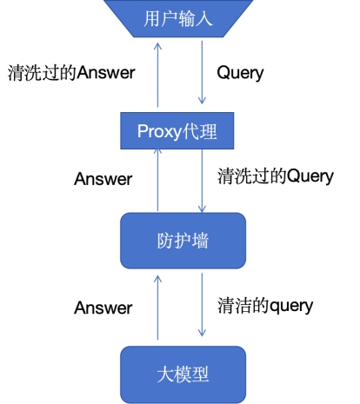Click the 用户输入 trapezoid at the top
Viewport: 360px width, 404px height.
click(178, 18)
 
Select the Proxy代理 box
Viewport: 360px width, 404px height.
click(177, 130)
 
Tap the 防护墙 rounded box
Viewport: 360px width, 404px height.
click(183, 241)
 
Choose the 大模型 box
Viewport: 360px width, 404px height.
click(183, 374)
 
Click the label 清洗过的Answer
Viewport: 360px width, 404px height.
click(71, 72)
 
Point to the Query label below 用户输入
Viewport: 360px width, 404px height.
click(240, 73)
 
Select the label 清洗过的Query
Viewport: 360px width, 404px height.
click(276, 176)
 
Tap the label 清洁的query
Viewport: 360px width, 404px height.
click(265, 306)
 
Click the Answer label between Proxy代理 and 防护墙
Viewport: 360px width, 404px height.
click(103, 179)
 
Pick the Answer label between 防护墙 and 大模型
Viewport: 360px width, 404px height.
click(103, 308)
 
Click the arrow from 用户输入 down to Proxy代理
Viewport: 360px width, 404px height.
click(202, 72)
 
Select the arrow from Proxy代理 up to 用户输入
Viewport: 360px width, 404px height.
click(157, 75)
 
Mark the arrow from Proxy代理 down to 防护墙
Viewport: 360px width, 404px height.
click(202, 181)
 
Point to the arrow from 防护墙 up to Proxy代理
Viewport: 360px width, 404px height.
click(157, 180)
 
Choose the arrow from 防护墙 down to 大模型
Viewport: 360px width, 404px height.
click(202, 304)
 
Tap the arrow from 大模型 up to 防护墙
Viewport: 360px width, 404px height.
click(157, 308)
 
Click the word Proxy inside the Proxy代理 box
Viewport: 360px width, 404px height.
click(159, 132)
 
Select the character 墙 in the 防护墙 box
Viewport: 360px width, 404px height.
click(200, 241)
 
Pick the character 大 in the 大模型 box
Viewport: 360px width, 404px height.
click(165, 374)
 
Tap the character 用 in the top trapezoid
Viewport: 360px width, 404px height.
click(152, 18)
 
